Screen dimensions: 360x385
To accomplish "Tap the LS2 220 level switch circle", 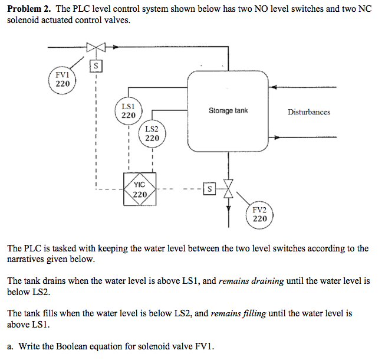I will click(x=152, y=133).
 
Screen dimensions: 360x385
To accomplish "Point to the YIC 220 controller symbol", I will click(x=140, y=189).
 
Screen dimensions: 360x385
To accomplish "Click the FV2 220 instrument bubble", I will click(x=259, y=214).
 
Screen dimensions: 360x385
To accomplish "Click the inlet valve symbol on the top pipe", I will click(x=95, y=47).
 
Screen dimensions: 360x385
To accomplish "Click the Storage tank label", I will click(x=228, y=110).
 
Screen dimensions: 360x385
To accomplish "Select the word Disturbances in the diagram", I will click(x=309, y=112).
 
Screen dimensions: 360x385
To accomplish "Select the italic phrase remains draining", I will click(x=250, y=281).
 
